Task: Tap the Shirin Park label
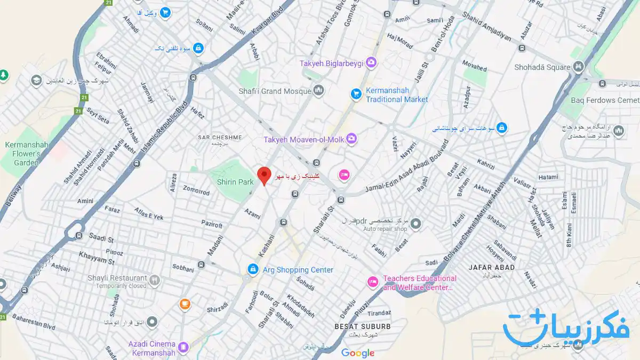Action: point(235,182)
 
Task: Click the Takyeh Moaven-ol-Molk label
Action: point(304,140)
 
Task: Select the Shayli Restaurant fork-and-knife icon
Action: point(155,279)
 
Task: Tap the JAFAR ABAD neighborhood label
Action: point(491,267)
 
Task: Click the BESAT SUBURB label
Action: point(363,326)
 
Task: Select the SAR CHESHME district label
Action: point(220,138)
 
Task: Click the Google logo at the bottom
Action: point(358,353)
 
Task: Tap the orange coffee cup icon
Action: point(185,304)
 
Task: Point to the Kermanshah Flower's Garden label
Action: point(27,154)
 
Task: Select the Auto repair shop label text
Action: point(385,229)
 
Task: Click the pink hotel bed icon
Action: point(344,174)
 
